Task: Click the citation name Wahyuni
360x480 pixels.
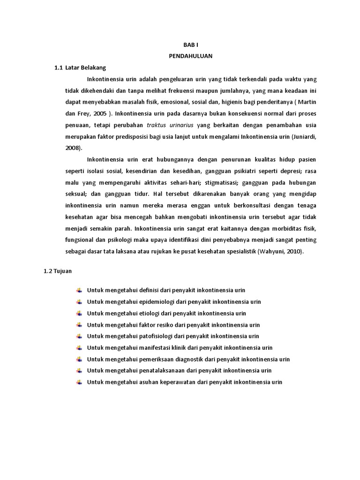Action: [270, 252]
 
